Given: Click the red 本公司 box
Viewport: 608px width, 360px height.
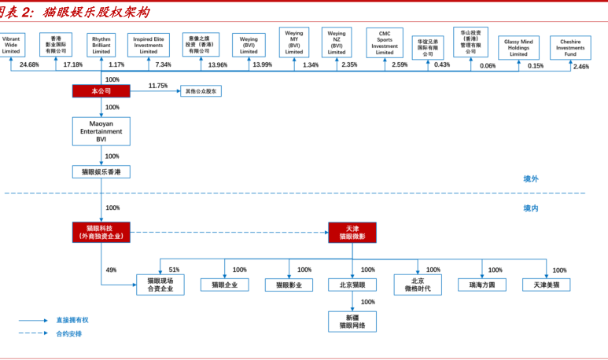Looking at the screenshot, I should point(101,91).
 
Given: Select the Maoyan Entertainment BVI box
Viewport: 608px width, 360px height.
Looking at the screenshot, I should point(101,130).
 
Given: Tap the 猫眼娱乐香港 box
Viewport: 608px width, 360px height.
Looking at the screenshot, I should point(101,171).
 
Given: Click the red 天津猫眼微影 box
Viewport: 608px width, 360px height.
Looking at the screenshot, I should point(352,232).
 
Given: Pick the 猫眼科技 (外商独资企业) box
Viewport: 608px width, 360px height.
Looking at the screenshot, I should point(101,232).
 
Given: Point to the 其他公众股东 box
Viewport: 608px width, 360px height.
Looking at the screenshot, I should point(201,91).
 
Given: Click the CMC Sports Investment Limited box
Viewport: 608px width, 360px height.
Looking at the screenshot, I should point(385,42).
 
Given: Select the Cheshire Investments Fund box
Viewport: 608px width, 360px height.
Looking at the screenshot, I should point(570,46).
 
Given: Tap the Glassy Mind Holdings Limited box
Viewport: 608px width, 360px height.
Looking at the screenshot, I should point(518,47).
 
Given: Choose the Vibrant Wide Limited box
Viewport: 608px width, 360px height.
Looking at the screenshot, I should point(11,44).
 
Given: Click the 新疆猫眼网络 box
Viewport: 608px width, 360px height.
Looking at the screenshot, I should point(352,321).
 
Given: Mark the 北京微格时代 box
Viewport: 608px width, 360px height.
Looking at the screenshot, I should point(418,285).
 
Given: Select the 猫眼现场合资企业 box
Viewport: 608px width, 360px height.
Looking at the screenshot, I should point(160,285).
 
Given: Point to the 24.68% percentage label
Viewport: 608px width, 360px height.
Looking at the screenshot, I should point(29,64).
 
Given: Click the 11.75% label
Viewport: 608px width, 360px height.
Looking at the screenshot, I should point(158,86).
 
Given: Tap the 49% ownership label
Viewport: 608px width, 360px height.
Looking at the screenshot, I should point(111,270).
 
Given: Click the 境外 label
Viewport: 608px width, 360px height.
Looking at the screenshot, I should point(531,179).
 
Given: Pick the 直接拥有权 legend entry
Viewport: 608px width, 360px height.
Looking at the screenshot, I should point(72,320).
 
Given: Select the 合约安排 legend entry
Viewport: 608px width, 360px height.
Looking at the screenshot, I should point(68,333).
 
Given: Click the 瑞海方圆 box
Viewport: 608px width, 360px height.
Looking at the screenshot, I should point(482,285).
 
